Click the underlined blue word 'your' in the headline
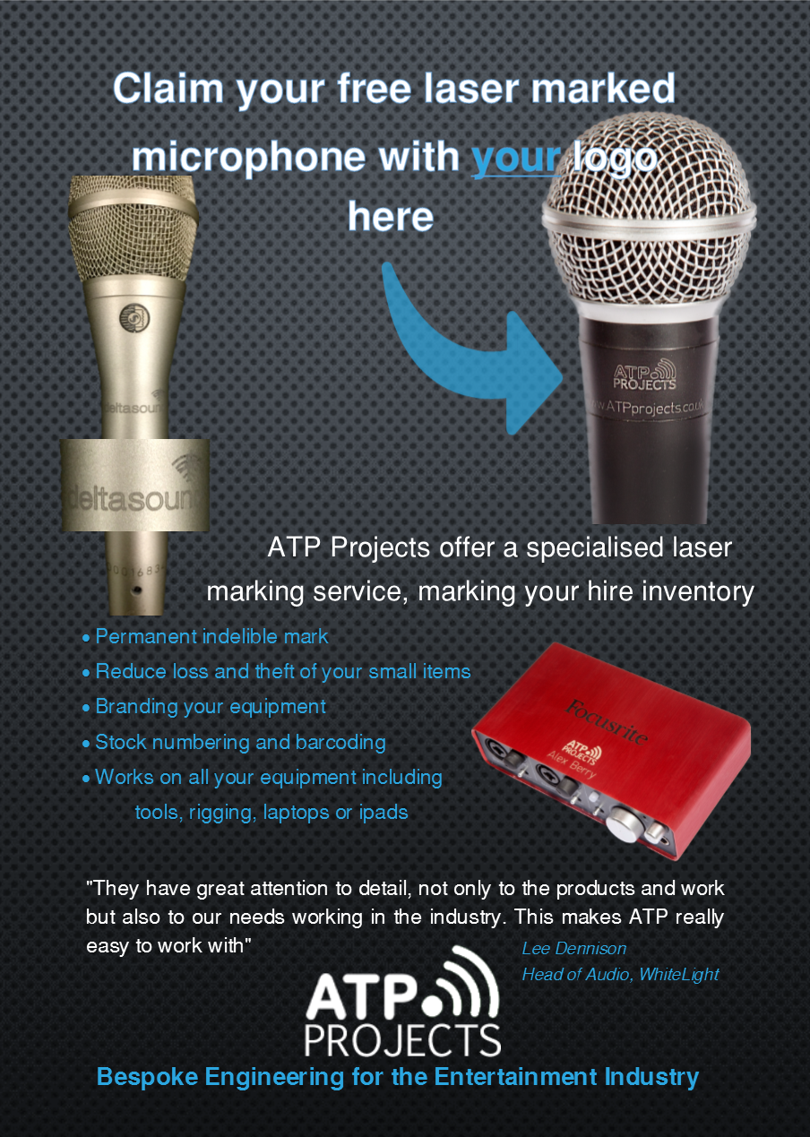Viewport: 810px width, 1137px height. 516,158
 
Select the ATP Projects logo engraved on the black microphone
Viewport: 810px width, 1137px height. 644,375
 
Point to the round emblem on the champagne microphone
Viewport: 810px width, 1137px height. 134,318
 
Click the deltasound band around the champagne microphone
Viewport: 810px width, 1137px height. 134,486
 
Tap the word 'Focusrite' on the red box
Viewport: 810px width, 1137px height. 607,721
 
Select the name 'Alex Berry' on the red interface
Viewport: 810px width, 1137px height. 572,765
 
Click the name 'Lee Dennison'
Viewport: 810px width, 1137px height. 574,948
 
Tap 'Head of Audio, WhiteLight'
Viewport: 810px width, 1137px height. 620,975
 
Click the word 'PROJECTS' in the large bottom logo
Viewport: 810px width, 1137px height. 402,1040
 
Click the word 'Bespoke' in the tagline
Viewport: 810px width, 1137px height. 147,1077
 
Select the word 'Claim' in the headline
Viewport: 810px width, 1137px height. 168,88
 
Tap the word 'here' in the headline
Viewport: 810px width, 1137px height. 391,217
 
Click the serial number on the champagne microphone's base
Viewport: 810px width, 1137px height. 137,571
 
